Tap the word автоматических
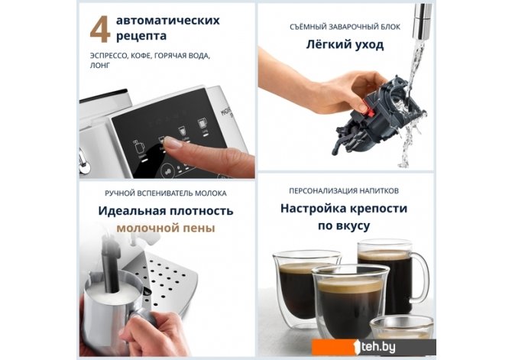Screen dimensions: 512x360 168,21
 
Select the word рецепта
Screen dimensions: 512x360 141,36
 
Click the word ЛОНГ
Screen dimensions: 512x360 100,65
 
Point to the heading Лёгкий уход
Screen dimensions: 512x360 345,44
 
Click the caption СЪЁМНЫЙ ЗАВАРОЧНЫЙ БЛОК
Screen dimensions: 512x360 345,27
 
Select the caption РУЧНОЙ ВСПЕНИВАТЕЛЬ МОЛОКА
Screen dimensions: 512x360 166,193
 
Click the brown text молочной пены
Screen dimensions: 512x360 166,228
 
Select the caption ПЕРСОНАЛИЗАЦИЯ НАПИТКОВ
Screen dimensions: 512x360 344,191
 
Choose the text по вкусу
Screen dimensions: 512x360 344,225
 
